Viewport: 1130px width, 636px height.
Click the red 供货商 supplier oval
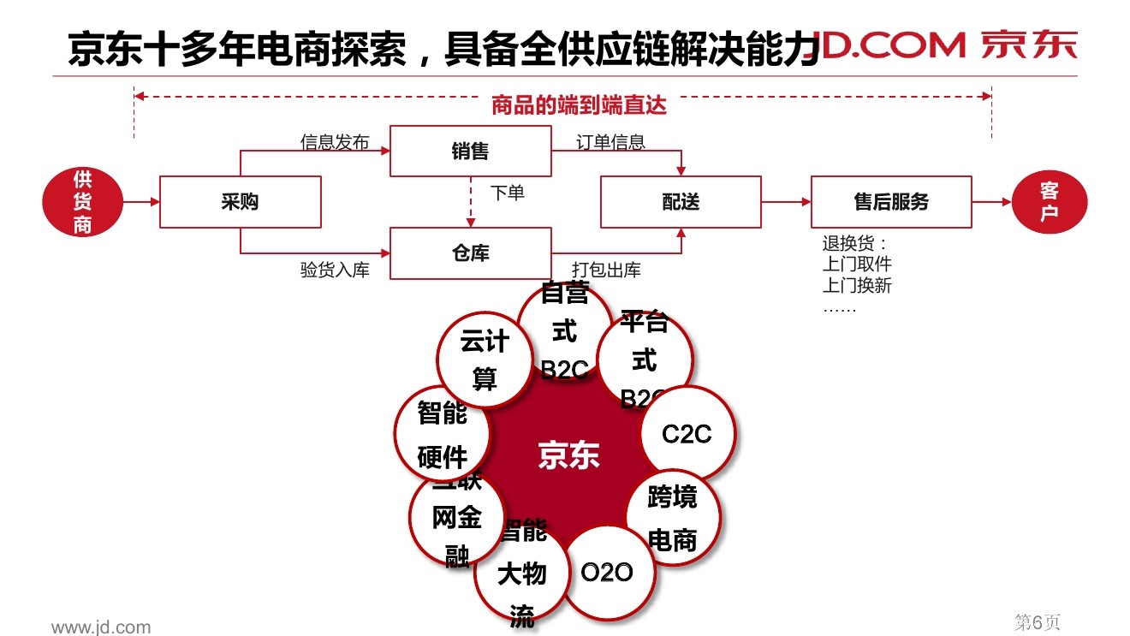pyautogui.click(x=82, y=202)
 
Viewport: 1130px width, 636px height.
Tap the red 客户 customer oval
pyautogui.click(x=1050, y=202)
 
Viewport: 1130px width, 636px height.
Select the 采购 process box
pyautogui.click(x=240, y=202)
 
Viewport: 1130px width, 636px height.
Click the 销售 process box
pyautogui.click(x=470, y=152)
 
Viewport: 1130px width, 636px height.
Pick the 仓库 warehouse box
pyautogui.click(x=470, y=253)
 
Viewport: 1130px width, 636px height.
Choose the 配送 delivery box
pyautogui.click(x=681, y=202)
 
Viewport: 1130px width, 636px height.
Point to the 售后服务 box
pyautogui.click(x=890, y=202)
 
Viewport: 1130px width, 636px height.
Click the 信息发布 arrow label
pyautogui.click(x=334, y=142)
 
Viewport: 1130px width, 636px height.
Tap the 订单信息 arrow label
pyautogui.click(x=610, y=142)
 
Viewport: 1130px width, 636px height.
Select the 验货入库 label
pyautogui.click(x=335, y=270)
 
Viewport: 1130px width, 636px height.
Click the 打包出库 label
pyautogui.click(x=606, y=270)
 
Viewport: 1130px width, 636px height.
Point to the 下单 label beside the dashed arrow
pyautogui.click(x=507, y=193)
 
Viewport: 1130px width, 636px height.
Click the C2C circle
pyautogui.click(x=687, y=434)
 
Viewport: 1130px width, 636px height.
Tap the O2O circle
pyautogui.click(x=607, y=572)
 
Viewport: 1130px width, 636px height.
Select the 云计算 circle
pyautogui.click(x=485, y=360)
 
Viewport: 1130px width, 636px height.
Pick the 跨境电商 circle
pyautogui.click(x=673, y=518)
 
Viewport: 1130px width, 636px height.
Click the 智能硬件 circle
pyautogui.click(x=442, y=435)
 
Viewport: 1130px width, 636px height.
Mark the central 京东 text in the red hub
pyautogui.click(x=568, y=455)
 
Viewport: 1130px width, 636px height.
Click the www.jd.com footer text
pyautogui.click(x=101, y=627)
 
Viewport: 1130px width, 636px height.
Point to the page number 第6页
pyautogui.click(x=1037, y=622)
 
